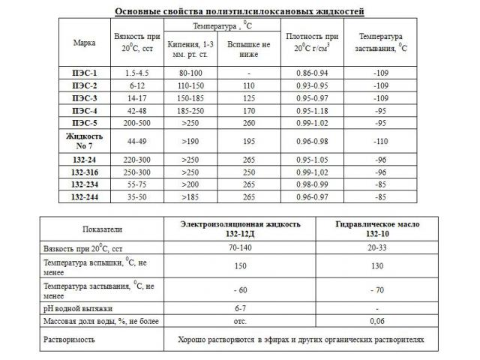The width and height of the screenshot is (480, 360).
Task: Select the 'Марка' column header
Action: point(84,43)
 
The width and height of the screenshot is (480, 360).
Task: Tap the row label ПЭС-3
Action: point(84,98)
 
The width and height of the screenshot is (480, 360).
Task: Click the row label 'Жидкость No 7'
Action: point(84,140)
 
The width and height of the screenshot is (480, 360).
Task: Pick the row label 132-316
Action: point(84,172)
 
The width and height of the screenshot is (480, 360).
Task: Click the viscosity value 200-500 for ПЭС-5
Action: point(134,122)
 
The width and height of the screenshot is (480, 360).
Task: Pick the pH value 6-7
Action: point(241,308)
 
